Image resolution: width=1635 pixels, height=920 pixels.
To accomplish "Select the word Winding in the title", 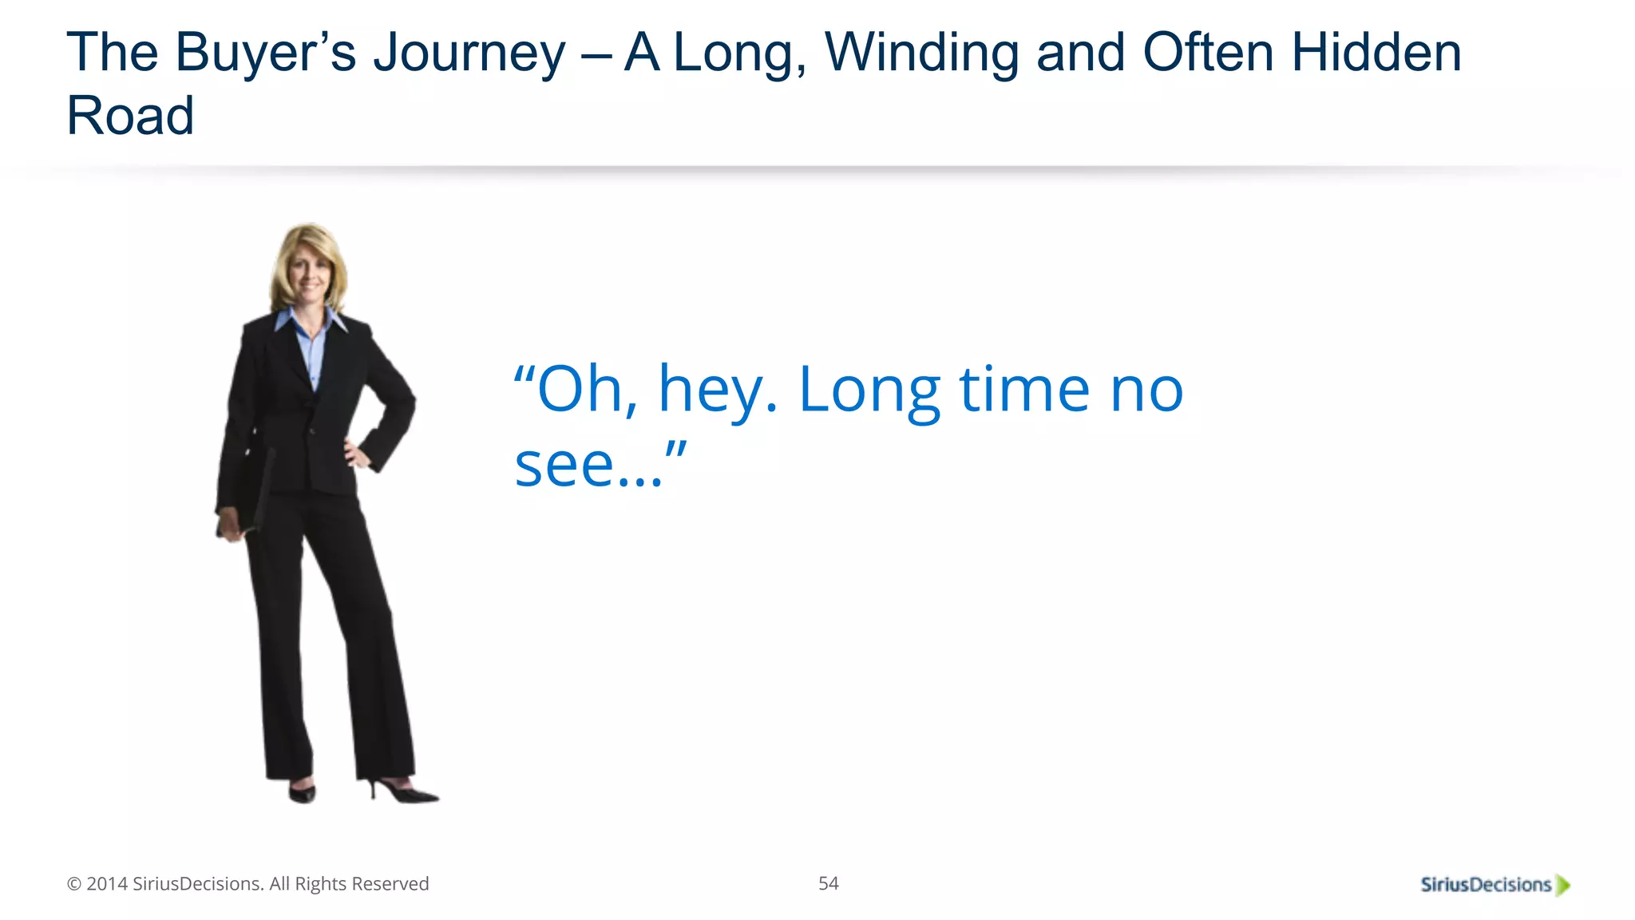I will (921, 53).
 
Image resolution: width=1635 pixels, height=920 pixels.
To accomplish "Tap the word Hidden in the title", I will (1376, 53).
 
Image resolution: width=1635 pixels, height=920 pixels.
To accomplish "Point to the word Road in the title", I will (130, 116).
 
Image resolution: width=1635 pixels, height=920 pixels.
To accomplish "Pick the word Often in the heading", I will (1208, 53).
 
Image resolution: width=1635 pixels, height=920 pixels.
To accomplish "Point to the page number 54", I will (828, 883).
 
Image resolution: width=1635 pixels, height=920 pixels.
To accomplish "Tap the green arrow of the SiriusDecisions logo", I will (1563, 885).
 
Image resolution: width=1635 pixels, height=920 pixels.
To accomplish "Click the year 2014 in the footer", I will (107, 884).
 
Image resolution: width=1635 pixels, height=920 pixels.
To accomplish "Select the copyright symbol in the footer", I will (74, 884).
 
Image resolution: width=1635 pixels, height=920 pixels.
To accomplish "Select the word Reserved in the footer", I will (390, 884).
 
